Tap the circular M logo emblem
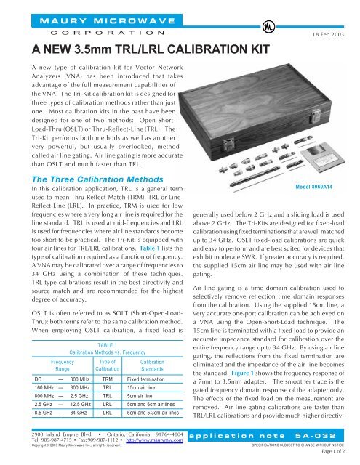click(x=255, y=27)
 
